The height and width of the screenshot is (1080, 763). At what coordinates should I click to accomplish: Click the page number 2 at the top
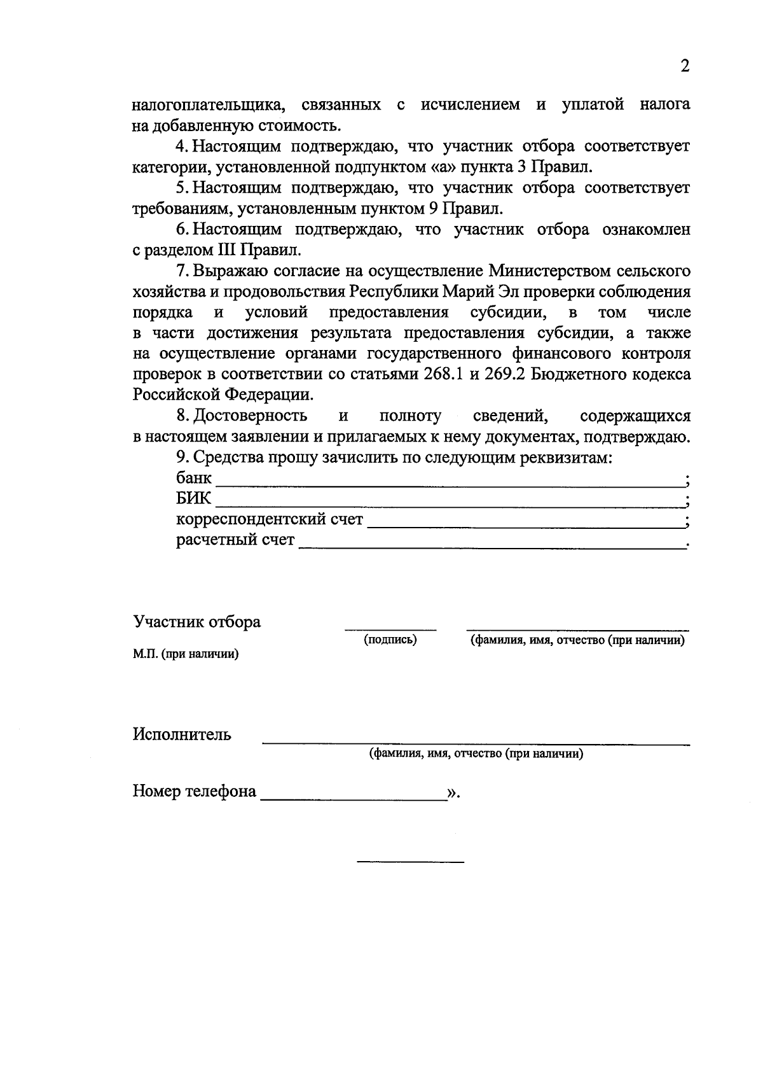[685, 66]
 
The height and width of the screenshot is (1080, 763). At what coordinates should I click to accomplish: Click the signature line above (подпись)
[390, 629]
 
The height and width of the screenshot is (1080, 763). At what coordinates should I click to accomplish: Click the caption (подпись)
[390, 640]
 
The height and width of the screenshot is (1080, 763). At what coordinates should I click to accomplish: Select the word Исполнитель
[182, 734]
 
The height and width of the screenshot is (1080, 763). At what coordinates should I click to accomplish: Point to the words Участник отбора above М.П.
[196, 622]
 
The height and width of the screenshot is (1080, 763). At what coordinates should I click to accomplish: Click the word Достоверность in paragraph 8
[250, 416]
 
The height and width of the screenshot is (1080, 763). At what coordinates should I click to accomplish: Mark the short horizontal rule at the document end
[410, 862]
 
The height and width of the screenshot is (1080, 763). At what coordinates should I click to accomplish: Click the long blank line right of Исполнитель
[476, 742]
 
